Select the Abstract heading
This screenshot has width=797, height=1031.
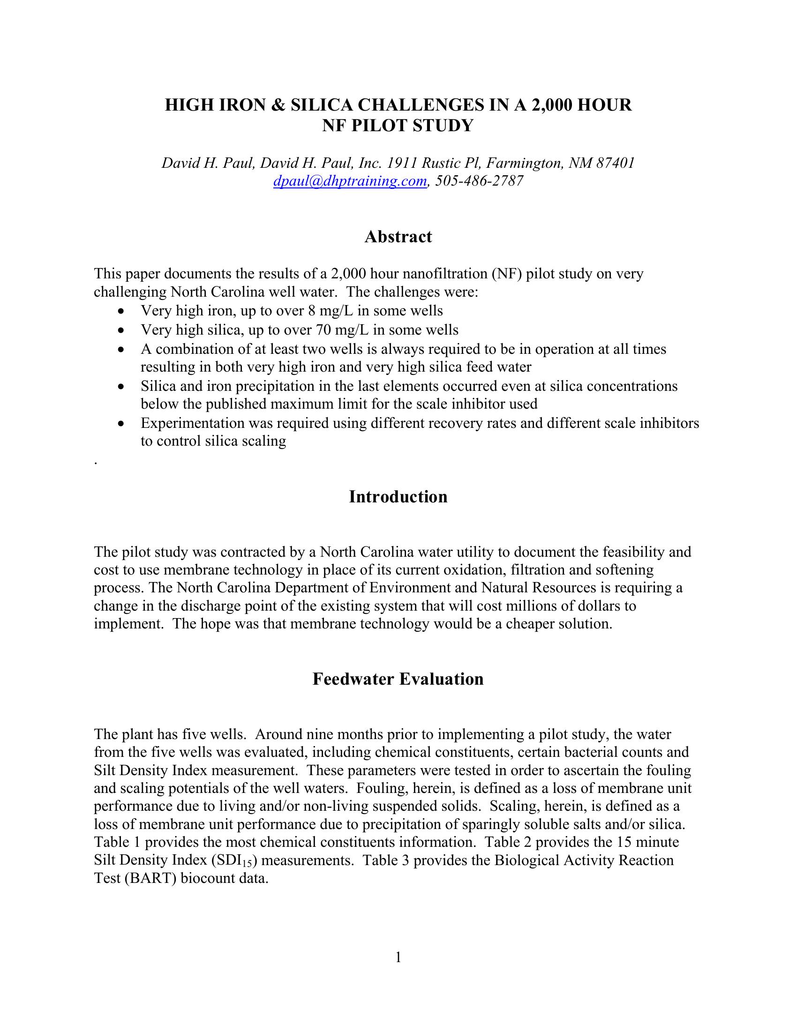pyautogui.click(x=398, y=237)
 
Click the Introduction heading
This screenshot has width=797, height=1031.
pyautogui.click(x=398, y=497)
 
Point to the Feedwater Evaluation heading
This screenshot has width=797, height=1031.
pyautogui.click(x=398, y=679)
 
